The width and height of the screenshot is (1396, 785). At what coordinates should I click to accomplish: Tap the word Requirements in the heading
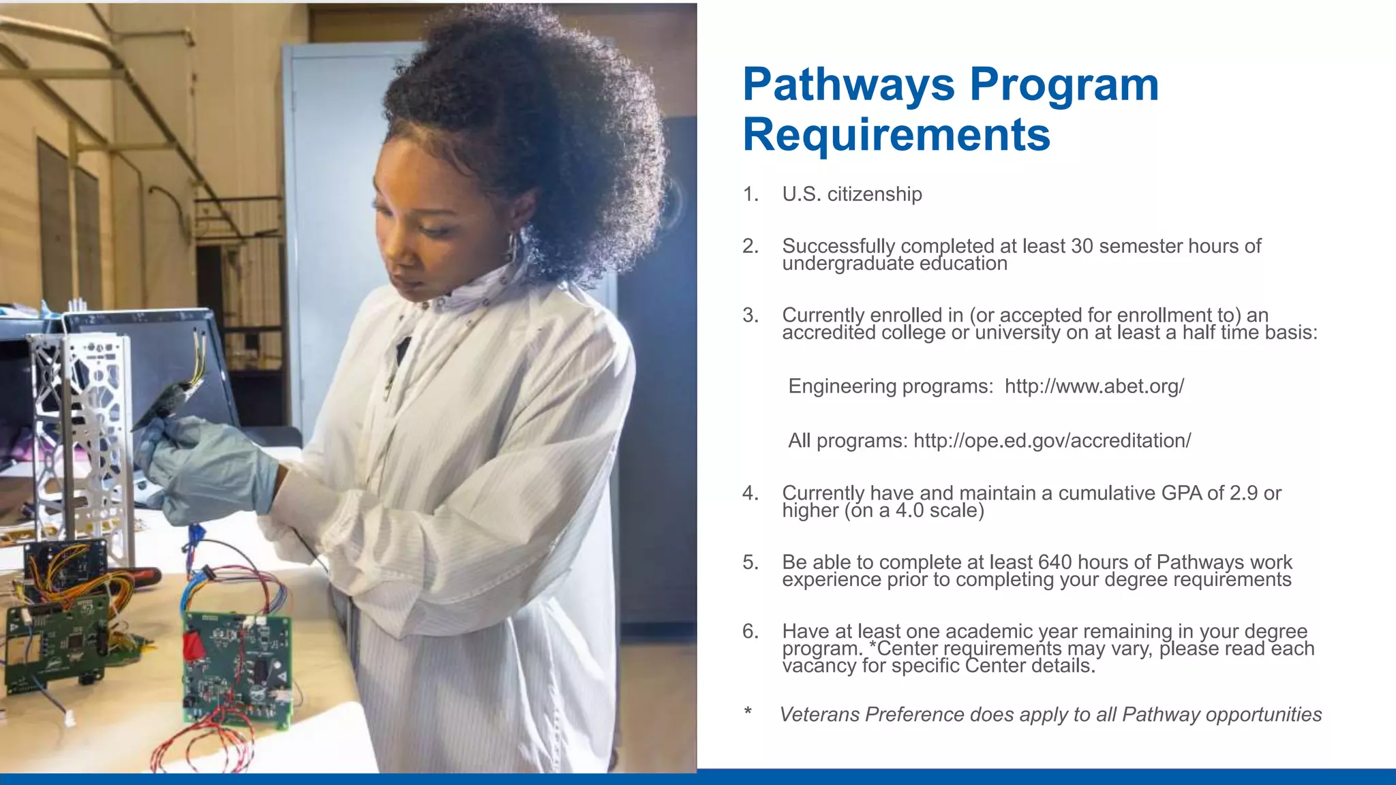point(896,135)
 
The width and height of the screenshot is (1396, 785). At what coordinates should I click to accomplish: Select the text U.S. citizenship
point(852,194)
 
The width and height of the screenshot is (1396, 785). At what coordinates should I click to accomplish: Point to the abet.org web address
point(1094,386)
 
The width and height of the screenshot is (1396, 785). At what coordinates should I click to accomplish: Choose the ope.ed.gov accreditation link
point(1052,441)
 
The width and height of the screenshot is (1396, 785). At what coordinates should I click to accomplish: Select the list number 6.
point(750,632)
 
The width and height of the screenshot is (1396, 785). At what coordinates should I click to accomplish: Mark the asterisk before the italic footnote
point(748,713)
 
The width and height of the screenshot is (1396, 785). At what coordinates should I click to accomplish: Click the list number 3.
point(750,315)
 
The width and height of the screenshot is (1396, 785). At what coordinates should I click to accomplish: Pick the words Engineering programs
point(890,386)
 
